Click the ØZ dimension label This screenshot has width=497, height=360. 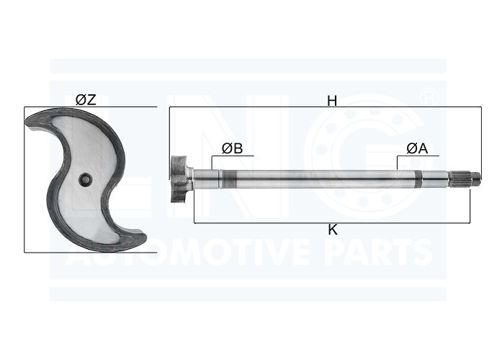click(86, 100)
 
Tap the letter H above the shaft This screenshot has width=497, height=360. click(332, 101)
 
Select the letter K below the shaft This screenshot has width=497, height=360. click(333, 230)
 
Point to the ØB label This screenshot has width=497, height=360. click(233, 148)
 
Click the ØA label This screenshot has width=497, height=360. click(417, 148)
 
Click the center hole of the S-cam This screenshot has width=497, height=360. click(86, 180)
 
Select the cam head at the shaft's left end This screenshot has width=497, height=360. click(180, 179)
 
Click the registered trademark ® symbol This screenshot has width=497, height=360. click(429, 98)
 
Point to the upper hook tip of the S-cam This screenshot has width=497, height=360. click(31, 125)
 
